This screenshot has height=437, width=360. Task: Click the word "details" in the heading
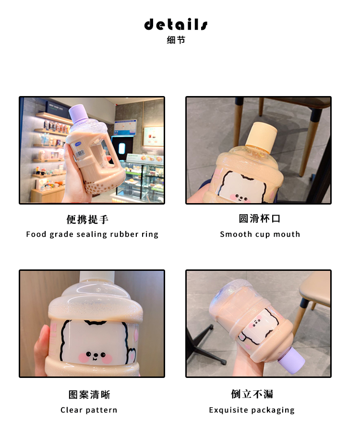[176, 24]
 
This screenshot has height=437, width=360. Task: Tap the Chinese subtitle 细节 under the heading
[176, 40]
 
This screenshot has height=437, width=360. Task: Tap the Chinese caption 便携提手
[88, 219]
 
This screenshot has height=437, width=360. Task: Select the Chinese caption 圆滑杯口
[260, 218]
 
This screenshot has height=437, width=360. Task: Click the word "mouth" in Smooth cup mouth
[288, 234]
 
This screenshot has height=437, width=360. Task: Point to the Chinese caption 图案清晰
[89, 395]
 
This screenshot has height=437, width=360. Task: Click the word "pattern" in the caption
[102, 410]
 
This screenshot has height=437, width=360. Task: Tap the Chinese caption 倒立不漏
[252, 394]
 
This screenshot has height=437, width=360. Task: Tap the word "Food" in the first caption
[36, 234]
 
